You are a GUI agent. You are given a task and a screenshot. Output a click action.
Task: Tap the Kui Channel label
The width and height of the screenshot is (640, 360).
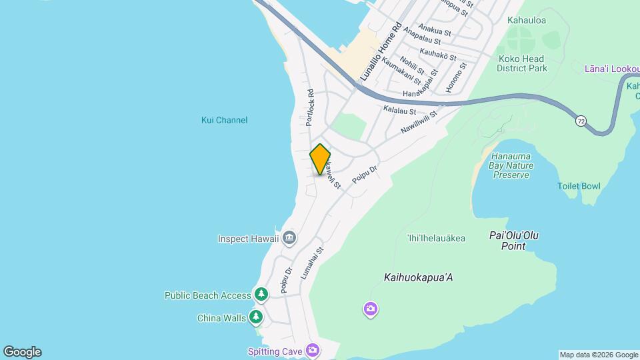click(x=224, y=120)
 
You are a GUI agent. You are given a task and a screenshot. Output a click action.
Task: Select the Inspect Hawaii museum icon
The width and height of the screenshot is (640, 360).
click(x=289, y=238)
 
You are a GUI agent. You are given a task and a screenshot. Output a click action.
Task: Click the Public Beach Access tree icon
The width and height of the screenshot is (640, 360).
click(x=261, y=295)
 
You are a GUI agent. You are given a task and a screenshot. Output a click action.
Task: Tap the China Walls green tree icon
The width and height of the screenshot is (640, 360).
click(x=255, y=317)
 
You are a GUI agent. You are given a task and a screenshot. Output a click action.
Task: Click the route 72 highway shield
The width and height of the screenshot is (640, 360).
click(x=581, y=121)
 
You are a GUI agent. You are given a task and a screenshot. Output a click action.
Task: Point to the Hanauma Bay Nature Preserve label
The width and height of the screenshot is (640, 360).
click(x=511, y=165)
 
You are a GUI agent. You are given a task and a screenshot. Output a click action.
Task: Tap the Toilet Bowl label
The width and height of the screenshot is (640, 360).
click(x=579, y=186)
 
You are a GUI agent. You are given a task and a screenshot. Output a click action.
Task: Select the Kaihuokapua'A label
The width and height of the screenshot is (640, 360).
click(x=419, y=277)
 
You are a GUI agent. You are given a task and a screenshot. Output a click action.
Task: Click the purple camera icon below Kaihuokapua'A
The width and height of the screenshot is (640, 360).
click(x=371, y=309)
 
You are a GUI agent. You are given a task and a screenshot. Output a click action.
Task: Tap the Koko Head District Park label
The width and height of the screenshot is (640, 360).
click(x=523, y=63)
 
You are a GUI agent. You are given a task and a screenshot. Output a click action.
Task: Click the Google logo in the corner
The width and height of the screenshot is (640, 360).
click(x=21, y=352)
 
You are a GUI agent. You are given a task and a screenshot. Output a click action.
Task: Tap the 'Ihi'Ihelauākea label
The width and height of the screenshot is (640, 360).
click(x=436, y=238)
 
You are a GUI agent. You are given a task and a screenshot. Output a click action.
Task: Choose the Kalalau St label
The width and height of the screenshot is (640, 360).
click(x=400, y=110)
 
